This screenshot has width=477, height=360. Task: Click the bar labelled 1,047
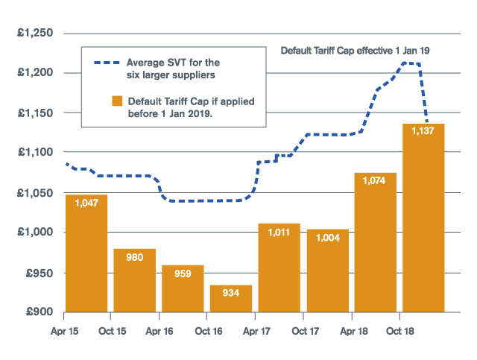point(86,253)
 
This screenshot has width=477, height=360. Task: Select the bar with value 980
point(135,280)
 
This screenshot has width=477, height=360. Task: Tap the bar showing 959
point(183,288)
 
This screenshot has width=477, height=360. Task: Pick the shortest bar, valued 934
point(231,298)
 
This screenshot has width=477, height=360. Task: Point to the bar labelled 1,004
point(327,271)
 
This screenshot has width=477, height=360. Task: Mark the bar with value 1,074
point(376,242)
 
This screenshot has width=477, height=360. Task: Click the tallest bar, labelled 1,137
point(423,218)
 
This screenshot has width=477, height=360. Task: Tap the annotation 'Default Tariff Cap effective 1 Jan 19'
point(356,51)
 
